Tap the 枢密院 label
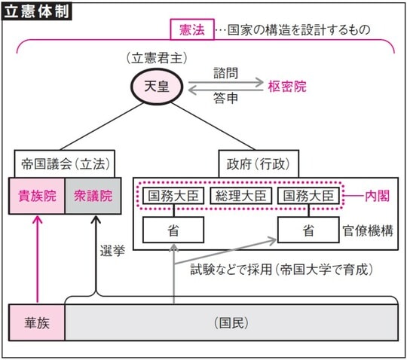(289, 87)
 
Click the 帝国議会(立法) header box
(64, 163)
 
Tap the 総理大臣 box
(240, 196)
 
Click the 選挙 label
(112, 250)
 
